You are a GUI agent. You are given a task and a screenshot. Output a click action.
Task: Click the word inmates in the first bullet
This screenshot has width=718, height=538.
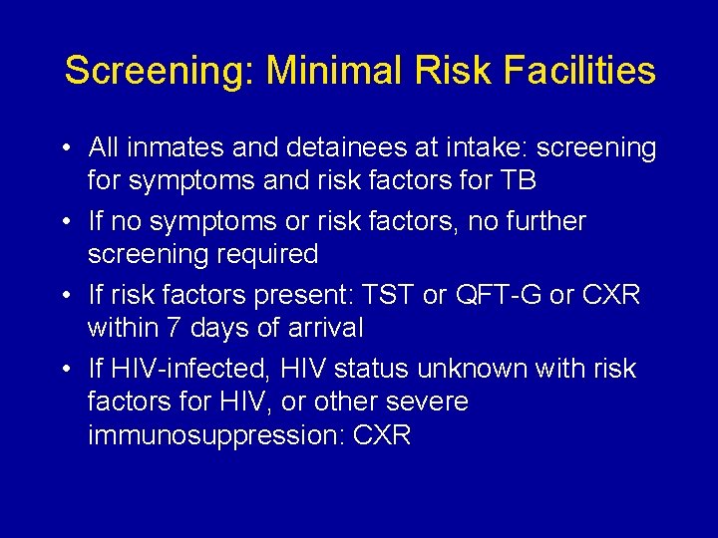pos(176,148)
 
